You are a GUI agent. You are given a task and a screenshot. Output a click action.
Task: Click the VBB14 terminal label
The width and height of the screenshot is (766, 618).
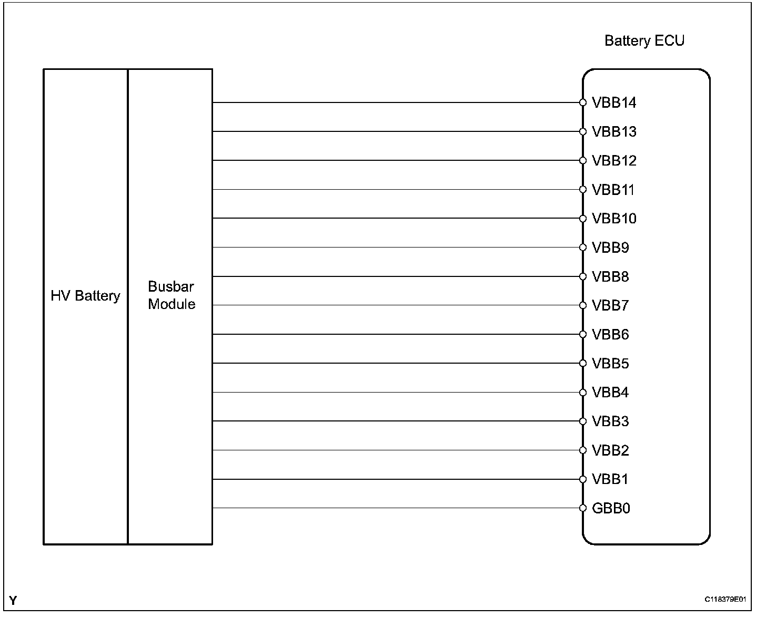click(x=614, y=102)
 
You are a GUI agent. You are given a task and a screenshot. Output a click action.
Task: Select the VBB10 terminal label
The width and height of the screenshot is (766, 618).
click(x=614, y=219)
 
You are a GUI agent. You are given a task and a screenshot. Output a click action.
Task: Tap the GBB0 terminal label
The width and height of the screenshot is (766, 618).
click(x=611, y=508)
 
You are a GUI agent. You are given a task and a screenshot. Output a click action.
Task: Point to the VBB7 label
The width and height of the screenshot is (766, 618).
click(x=610, y=305)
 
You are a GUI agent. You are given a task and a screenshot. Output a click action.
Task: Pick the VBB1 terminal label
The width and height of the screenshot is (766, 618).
click(x=610, y=479)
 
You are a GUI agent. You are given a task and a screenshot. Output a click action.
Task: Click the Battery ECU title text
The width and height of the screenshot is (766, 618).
click(x=644, y=41)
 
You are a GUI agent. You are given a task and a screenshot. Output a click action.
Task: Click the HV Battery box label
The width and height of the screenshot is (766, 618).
click(x=85, y=296)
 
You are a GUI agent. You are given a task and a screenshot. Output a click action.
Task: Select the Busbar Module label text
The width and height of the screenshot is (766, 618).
click(x=172, y=295)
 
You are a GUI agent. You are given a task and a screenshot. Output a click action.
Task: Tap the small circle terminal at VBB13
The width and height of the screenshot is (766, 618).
click(x=583, y=131)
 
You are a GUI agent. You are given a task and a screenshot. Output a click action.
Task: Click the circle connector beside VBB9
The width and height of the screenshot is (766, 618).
click(x=583, y=248)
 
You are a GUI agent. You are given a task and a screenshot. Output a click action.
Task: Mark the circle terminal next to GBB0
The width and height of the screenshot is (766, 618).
click(x=583, y=508)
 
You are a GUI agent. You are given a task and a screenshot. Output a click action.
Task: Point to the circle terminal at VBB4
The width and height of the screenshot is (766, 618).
click(x=583, y=393)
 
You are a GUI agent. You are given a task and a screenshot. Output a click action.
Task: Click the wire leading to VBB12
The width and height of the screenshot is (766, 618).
click(x=395, y=160)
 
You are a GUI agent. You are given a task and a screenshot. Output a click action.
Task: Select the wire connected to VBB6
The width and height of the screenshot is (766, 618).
click(x=395, y=334)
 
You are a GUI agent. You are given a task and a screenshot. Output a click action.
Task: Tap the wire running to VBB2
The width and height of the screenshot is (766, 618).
click(x=395, y=450)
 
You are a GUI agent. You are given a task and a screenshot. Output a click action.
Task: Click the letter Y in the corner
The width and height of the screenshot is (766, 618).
click(x=13, y=600)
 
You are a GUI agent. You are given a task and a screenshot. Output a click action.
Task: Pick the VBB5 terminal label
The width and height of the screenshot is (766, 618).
click(x=610, y=364)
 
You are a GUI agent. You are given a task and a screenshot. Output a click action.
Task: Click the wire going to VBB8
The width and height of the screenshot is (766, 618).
click(x=395, y=276)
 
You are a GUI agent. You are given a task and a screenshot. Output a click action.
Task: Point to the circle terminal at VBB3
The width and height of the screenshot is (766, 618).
click(x=583, y=421)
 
